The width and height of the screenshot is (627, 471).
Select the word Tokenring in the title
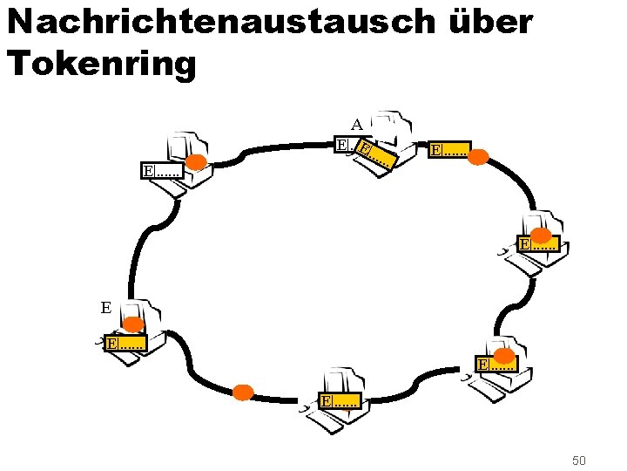[x=101, y=63]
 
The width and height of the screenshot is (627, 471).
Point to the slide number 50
[x=580, y=460]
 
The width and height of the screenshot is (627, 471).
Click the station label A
[x=357, y=124]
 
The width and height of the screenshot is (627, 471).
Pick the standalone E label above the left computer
[x=105, y=307]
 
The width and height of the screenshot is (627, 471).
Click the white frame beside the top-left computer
[x=162, y=169]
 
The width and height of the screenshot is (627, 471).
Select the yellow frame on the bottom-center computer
[x=339, y=401]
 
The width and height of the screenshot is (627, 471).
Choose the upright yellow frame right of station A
[x=449, y=150]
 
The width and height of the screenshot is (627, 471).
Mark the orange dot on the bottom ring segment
[x=243, y=392]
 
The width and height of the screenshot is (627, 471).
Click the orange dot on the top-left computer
[x=197, y=162]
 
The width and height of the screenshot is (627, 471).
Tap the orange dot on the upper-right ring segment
[x=478, y=158]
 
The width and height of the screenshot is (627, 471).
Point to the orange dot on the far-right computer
[x=541, y=235]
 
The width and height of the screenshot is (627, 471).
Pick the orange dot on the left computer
[x=132, y=324]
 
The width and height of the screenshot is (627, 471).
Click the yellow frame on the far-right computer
[x=538, y=245]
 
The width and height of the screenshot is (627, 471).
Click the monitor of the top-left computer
[x=185, y=145]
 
